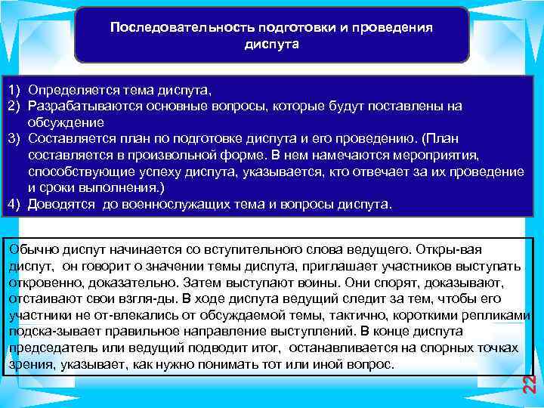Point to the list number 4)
[14, 205]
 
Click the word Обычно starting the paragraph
[28, 249]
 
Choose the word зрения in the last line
[26, 365]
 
